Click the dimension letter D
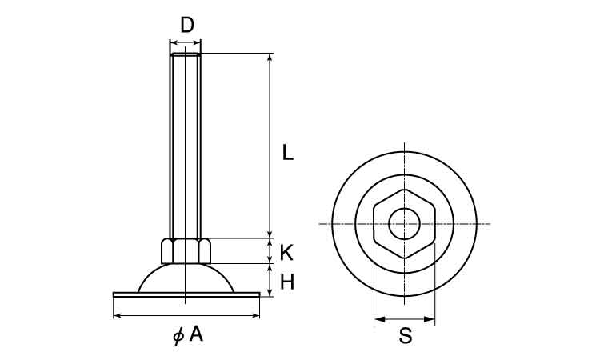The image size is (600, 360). (187, 25)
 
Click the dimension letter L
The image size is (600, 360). (287, 152)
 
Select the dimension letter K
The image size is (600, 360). (286, 253)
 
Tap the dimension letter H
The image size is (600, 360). (287, 282)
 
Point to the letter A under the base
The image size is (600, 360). (196, 334)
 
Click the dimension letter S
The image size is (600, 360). (406, 336)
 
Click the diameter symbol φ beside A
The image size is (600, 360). (178, 335)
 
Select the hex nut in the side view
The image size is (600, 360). (186, 251)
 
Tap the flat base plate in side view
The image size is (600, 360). (186, 294)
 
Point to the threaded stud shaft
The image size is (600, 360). (186, 146)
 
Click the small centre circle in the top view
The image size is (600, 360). (405, 224)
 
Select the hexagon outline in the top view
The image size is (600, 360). (374, 224)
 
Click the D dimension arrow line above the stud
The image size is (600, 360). (186, 42)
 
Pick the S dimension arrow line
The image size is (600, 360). (405, 318)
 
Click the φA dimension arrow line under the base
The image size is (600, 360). (186, 316)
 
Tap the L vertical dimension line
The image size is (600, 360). (270, 146)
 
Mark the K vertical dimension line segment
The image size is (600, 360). (270, 251)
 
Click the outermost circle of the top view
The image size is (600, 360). (332, 224)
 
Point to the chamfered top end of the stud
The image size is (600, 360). (186, 54)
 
